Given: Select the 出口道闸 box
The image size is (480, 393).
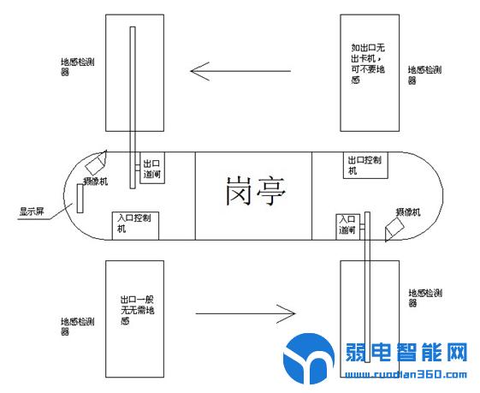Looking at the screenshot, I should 151,168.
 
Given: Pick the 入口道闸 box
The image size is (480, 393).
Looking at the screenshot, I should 347,225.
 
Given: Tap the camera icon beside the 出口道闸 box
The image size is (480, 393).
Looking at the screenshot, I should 96,161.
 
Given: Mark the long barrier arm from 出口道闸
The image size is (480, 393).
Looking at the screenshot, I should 133,107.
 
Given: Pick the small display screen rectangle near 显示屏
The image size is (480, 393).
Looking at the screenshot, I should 80,198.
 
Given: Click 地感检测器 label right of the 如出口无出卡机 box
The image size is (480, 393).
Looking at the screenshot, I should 424,74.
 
